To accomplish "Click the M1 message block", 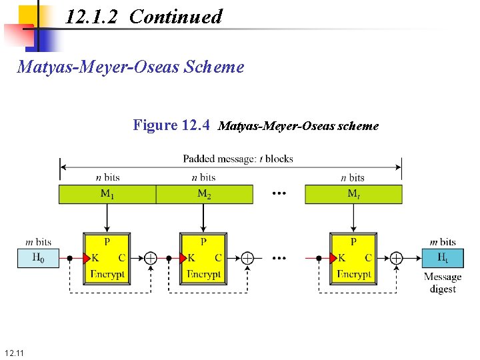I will (x=107, y=194).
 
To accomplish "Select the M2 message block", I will (x=204, y=194).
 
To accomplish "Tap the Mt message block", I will (x=353, y=194).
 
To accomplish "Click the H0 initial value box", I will (x=38, y=258).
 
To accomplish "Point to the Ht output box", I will (x=443, y=258).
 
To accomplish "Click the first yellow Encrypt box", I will (x=107, y=258).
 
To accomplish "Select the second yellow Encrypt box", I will (x=203, y=258).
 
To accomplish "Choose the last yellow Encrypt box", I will (x=353, y=258).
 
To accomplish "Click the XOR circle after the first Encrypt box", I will (x=151, y=258).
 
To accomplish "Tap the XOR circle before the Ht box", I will (x=396, y=258).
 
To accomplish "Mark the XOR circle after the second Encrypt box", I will (x=247, y=258).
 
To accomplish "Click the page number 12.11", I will (x=13, y=352).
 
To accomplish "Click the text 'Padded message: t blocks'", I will (x=238, y=159).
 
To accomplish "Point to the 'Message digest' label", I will (x=443, y=283).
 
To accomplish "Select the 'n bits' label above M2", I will (x=203, y=177).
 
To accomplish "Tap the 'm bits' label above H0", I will (x=37, y=241).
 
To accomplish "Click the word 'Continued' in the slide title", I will (x=175, y=17).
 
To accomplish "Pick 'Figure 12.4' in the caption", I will (x=171, y=125).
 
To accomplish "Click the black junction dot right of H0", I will (x=70, y=258).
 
